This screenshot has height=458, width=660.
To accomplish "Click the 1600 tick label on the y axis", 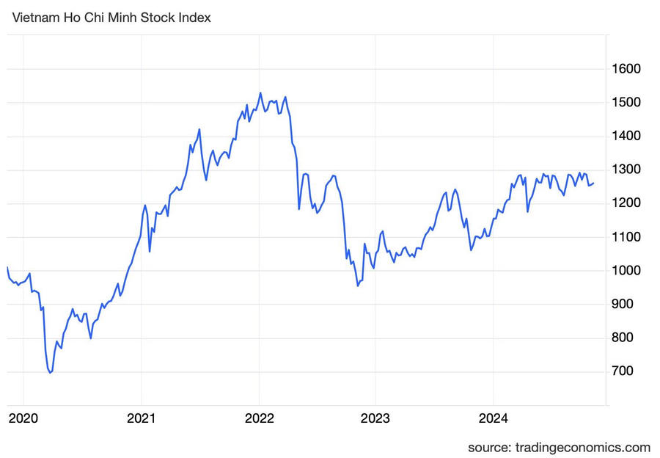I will coord(626,69).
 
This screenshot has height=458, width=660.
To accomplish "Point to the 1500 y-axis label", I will coord(626,103).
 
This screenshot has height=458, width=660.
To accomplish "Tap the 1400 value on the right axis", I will coord(626,137).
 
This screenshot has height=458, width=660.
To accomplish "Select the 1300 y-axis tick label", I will coord(626,170).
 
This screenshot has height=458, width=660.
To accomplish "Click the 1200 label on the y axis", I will coord(626,203).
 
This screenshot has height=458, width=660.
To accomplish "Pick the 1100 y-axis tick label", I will coord(626,237).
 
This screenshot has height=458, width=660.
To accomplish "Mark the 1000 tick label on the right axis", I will coord(626,271).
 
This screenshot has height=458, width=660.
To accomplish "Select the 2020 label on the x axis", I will coord(23,419).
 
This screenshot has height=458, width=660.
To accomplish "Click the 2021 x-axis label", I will coord(141,419).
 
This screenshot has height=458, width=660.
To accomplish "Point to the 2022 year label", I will coord(258,419).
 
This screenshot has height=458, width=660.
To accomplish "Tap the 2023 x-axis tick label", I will coord(375,419).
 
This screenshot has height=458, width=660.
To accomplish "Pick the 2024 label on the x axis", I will coord(494,419).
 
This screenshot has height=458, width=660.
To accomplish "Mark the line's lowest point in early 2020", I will coord(50,373).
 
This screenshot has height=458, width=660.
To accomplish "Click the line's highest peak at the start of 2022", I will coord(260,93).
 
